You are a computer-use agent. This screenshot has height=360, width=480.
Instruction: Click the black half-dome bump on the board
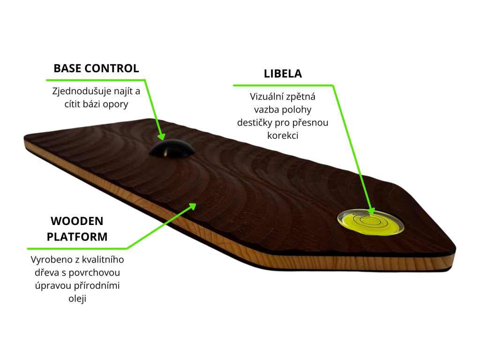[172, 149]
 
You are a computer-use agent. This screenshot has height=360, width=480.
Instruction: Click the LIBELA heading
[283, 74]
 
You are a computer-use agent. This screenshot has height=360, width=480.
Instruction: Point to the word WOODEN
[77, 221]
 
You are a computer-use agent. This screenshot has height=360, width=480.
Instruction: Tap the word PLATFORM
[77, 237]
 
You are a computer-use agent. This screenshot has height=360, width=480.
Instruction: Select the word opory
[115, 105]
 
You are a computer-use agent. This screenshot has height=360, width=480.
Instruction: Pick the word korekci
[283, 135]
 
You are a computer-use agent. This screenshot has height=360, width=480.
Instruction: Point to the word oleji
[77, 299]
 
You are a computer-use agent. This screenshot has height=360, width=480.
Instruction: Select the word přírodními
[99, 285]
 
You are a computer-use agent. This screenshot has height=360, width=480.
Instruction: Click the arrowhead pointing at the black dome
[161, 136]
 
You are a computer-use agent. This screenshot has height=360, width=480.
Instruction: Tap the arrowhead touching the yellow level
[371, 210]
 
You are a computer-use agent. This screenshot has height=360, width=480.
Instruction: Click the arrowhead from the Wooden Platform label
[192, 206]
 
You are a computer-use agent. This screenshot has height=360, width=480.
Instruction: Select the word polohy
[297, 110]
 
